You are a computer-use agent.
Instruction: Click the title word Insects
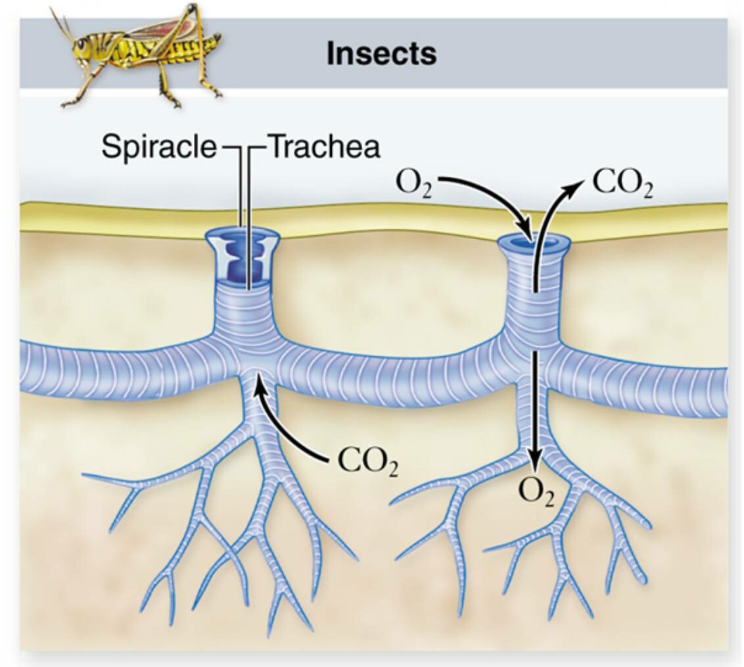[381, 54]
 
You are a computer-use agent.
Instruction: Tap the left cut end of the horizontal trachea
[26, 374]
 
